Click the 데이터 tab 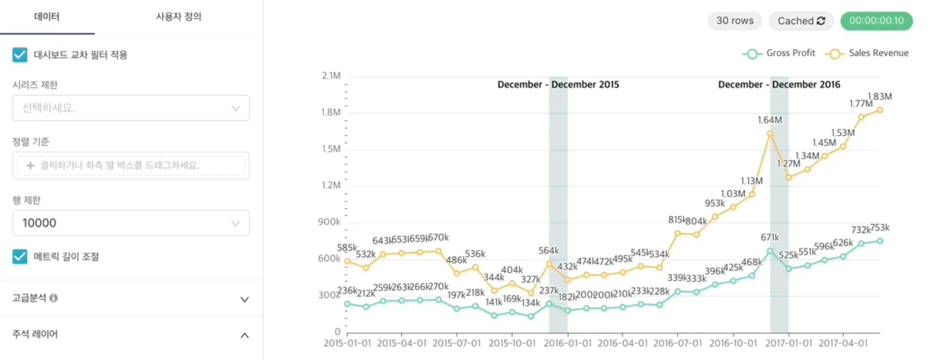click(47, 17)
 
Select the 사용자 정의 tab click(178, 17)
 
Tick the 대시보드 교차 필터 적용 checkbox click(20, 55)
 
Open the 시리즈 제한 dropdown click(131, 108)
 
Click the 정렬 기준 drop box click(131, 165)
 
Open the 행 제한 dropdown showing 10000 click(131, 223)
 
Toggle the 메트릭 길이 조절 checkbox click(20, 257)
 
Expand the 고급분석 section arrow click(245, 299)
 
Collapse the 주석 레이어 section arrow click(245, 335)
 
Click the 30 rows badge click(734, 21)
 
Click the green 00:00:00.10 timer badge click(876, 21)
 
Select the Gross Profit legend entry click(779, 53)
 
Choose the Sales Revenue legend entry click(867, 53)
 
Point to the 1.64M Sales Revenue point click(770, 134)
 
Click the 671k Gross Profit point click(770, 251)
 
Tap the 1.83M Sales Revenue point click(880, 110)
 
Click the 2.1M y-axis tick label click(331, 76)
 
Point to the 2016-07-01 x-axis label click(677, 343)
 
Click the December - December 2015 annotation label click(558, 85)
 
